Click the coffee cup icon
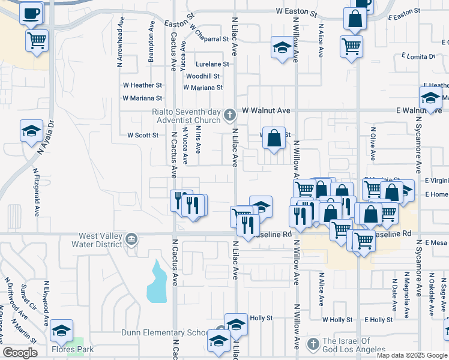[x=31, y=12]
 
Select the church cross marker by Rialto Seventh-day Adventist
[x=229, y=115]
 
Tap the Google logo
[x=20, y=353]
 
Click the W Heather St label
[x=142, y=86]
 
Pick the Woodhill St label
[x=202, y=76]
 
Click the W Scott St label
[x=142, y=135]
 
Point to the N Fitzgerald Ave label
[x=36, y=192]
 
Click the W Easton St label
[x=296, y=11]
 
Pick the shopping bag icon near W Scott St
[x=274, y=139]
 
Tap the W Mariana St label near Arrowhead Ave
[x=142, y=98]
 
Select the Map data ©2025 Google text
[x=411, y=355]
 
